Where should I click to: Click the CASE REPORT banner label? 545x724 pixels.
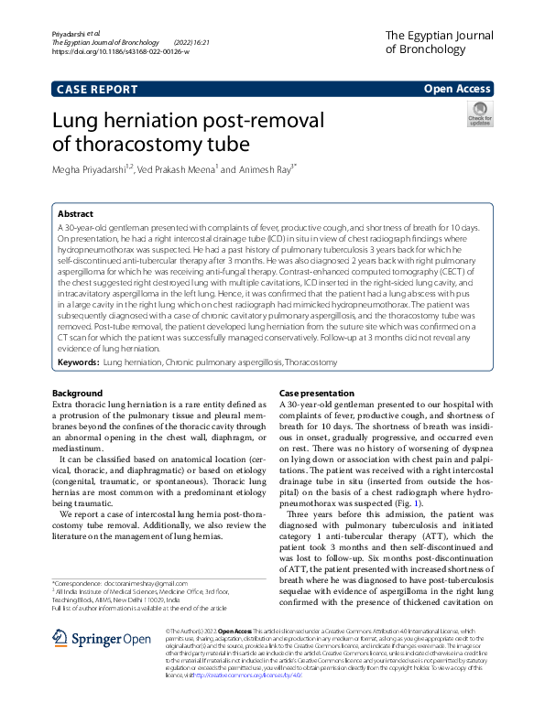click(97, 89)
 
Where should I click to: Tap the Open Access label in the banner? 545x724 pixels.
click(457, 89)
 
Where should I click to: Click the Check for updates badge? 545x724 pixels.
click(480, 113)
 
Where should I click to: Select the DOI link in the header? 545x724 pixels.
click(120, 52)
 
